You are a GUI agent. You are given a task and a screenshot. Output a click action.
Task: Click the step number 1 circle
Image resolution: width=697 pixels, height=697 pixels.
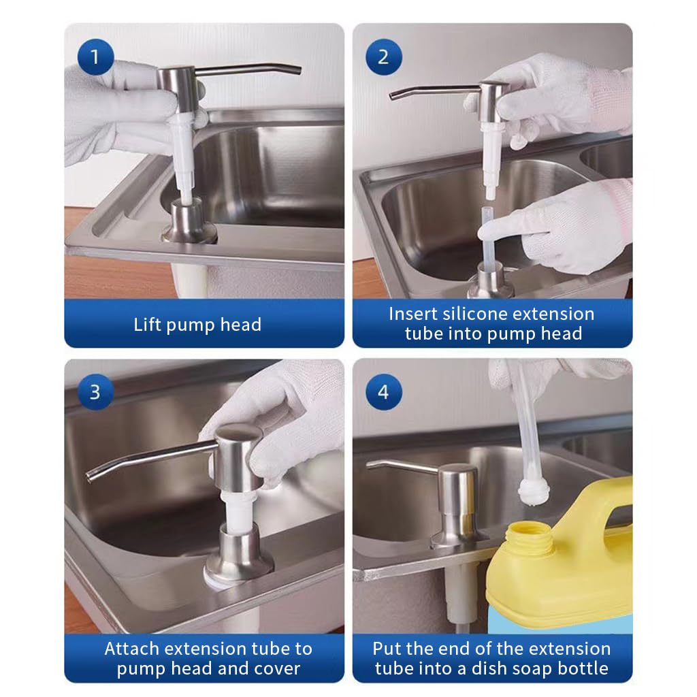94,56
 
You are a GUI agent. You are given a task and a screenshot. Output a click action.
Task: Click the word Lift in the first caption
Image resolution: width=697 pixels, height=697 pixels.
147,325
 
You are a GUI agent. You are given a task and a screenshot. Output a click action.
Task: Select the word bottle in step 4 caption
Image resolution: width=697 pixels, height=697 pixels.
582,668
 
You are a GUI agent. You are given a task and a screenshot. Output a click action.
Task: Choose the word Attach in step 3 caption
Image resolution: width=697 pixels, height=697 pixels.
132,649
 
